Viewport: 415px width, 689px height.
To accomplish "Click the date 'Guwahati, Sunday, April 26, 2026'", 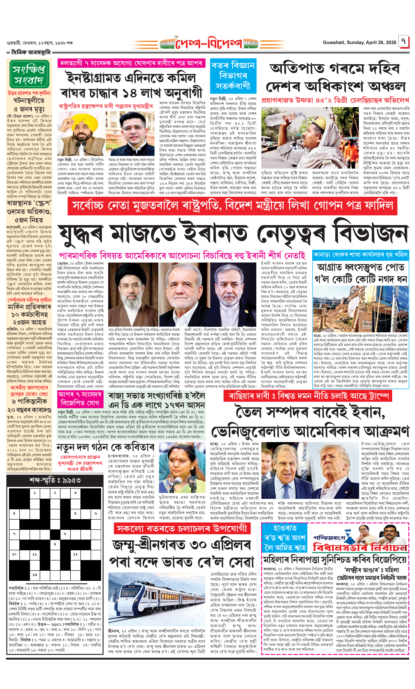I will [359, 42].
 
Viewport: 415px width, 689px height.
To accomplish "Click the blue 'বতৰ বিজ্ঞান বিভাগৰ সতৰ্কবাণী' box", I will [233, 76].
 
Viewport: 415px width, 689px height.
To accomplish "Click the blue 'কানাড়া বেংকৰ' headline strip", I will [361, 255].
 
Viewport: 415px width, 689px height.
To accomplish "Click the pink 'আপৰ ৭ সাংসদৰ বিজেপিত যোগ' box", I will [80, 399].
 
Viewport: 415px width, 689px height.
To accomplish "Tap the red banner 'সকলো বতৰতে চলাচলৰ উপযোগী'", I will [182, 528].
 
